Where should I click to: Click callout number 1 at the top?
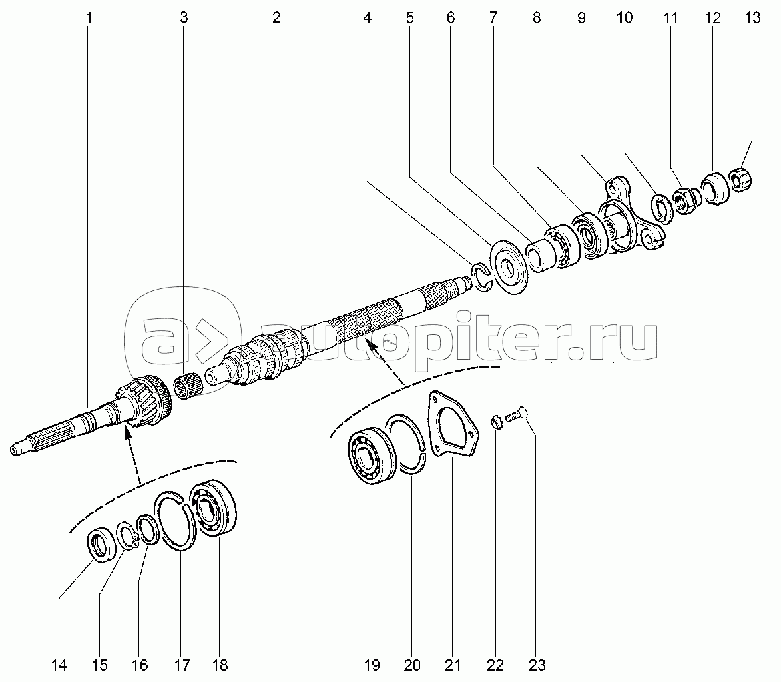click(x=89, y=19)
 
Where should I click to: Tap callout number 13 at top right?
click(x=752, y=17)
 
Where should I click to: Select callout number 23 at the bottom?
click(x=537, y=665)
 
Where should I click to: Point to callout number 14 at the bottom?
click(x=59, y=665)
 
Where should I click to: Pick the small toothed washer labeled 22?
click(x=495, y=422)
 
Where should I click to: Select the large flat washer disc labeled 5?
click(x=509, y=267)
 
